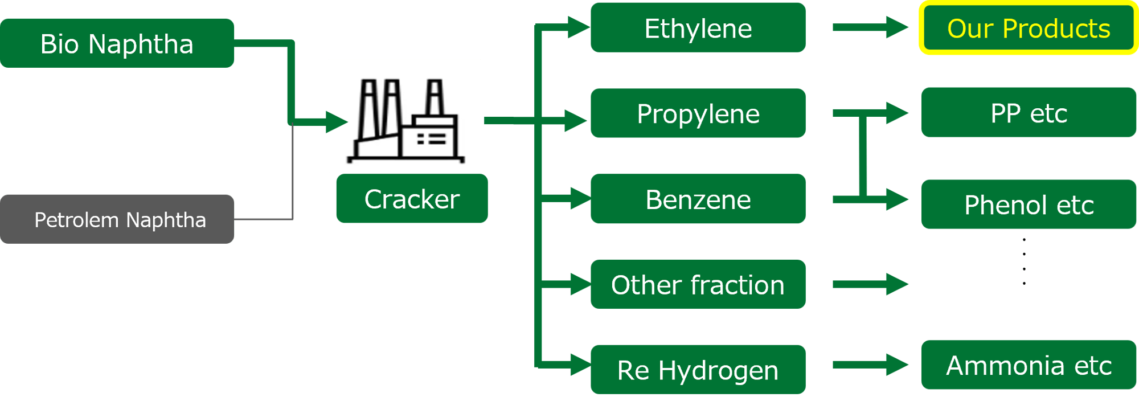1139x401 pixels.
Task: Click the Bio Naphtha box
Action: tap(117, 43)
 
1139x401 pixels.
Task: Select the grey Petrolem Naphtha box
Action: tap(117, 219)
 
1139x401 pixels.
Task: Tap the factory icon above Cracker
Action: tap(404, 116)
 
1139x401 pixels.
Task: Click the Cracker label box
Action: tap(411, 199)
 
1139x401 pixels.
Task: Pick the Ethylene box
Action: tap(698, 28)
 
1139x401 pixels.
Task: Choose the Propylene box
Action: tap(698, 113)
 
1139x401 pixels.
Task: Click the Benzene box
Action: tap(698, 199)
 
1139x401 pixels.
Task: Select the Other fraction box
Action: tap(698, 284)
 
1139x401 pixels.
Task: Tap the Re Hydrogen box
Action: tap(698, 370)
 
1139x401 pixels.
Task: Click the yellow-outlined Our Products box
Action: tap(1028, 28)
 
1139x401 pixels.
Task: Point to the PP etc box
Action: tap(1028, 113)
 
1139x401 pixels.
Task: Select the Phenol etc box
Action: tap(1028, 204)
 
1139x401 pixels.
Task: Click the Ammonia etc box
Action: tap(1028, 365)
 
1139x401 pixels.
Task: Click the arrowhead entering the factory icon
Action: tap(337, 121)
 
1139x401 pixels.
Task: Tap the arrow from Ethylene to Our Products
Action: tap(870, 27)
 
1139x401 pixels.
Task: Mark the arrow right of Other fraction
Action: tap(870, 284)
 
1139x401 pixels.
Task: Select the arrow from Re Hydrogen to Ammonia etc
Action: tap(870, 365)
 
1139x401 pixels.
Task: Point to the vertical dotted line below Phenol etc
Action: tap(1024, 261)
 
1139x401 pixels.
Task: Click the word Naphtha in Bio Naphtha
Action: tap(141, 44)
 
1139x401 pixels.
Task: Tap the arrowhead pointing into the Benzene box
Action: tap(580, 199)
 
